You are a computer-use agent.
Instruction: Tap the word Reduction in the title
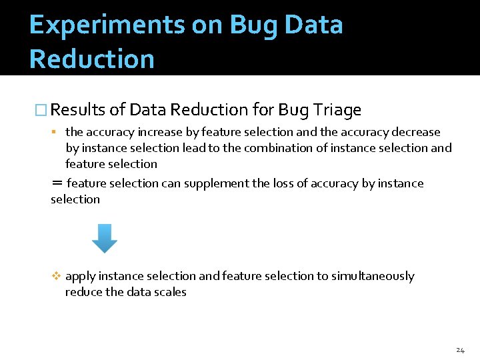pyautogui.click(x=92, y=59)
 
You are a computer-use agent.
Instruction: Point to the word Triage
pyautogui.click(x=335, y=109)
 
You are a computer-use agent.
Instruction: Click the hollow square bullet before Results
pyautogui.click(x=41, y=110)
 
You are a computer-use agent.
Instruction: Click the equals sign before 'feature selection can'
pyautogui.click(x=57, y=183)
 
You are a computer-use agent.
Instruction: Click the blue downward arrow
pyautogui.click(x=104, y=238)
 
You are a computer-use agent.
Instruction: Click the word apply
pyautogui.click(x=80, y=277)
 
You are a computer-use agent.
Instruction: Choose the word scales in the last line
pyautogui.click(x=171, y=292)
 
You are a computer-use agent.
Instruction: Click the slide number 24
pyautogui.click(x=460, y=350)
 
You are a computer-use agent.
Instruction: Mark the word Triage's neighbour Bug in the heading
pyautogui.click(x=291, y=109)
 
